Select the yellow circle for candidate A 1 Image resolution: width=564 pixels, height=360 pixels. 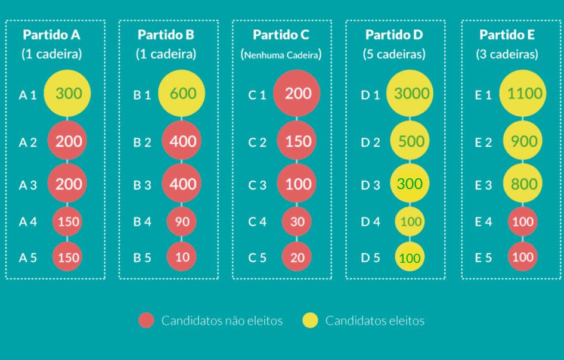pos(69,94)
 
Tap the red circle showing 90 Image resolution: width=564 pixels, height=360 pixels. pos(182,222)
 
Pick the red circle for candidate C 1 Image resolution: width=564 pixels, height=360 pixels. pos(297,94)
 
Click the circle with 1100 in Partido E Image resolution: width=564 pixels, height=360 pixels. pos(524,94)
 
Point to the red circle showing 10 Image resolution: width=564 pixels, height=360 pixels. pos(182,257)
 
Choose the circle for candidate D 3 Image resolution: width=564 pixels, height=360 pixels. pos(409,184)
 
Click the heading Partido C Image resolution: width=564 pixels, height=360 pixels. pos(281,35)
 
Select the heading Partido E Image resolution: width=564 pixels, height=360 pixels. pos(507,35)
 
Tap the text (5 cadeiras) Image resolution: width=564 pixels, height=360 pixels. pos(394,54)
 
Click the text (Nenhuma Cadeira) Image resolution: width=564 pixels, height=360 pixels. pos(281,55)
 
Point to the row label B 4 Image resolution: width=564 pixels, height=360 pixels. pos(142,222)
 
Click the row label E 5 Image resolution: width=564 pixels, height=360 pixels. pos(483,258)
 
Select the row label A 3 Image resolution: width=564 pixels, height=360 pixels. pos(27,185)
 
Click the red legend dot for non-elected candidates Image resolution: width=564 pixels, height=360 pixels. pos(146,321)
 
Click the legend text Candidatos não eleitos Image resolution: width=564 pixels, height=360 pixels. pos(222,321)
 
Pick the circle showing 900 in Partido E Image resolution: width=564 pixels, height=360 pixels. pos(524,141)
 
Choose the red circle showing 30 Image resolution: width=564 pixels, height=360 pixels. pos(296,222)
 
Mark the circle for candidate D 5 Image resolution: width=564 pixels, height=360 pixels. pos(409,258)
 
